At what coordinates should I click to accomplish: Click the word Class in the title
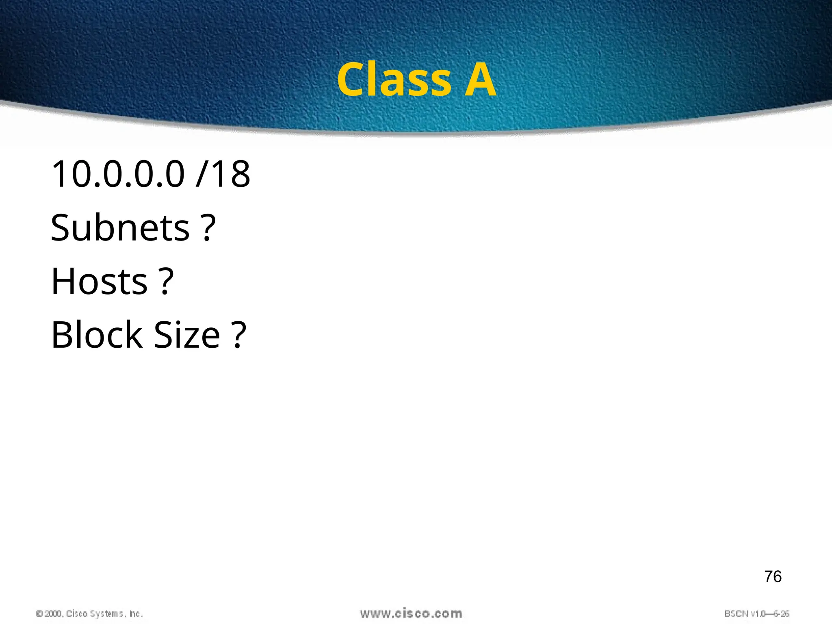pyautogui.click(x=394, y=80)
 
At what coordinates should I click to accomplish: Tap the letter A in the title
pyautogui.click(x=480, y=80)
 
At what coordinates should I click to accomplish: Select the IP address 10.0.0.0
pyautogui.click(x=118, y=174)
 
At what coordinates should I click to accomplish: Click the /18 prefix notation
pyautogui.click(x=223, y=174)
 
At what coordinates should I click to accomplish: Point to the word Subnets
pyautogui.click(x=120, y=228)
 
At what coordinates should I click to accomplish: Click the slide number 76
pyautogui.click(x=773, y=577)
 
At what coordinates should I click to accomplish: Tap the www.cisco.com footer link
pyautogui.click(x=411, y=613)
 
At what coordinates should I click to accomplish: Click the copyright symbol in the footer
pyautogui.click(x=39, y=614)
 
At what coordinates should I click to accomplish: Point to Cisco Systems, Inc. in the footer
pyautogui.click(x=104, y=614)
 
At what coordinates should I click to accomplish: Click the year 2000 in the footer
pyautogui.click(x=53, y=614)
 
